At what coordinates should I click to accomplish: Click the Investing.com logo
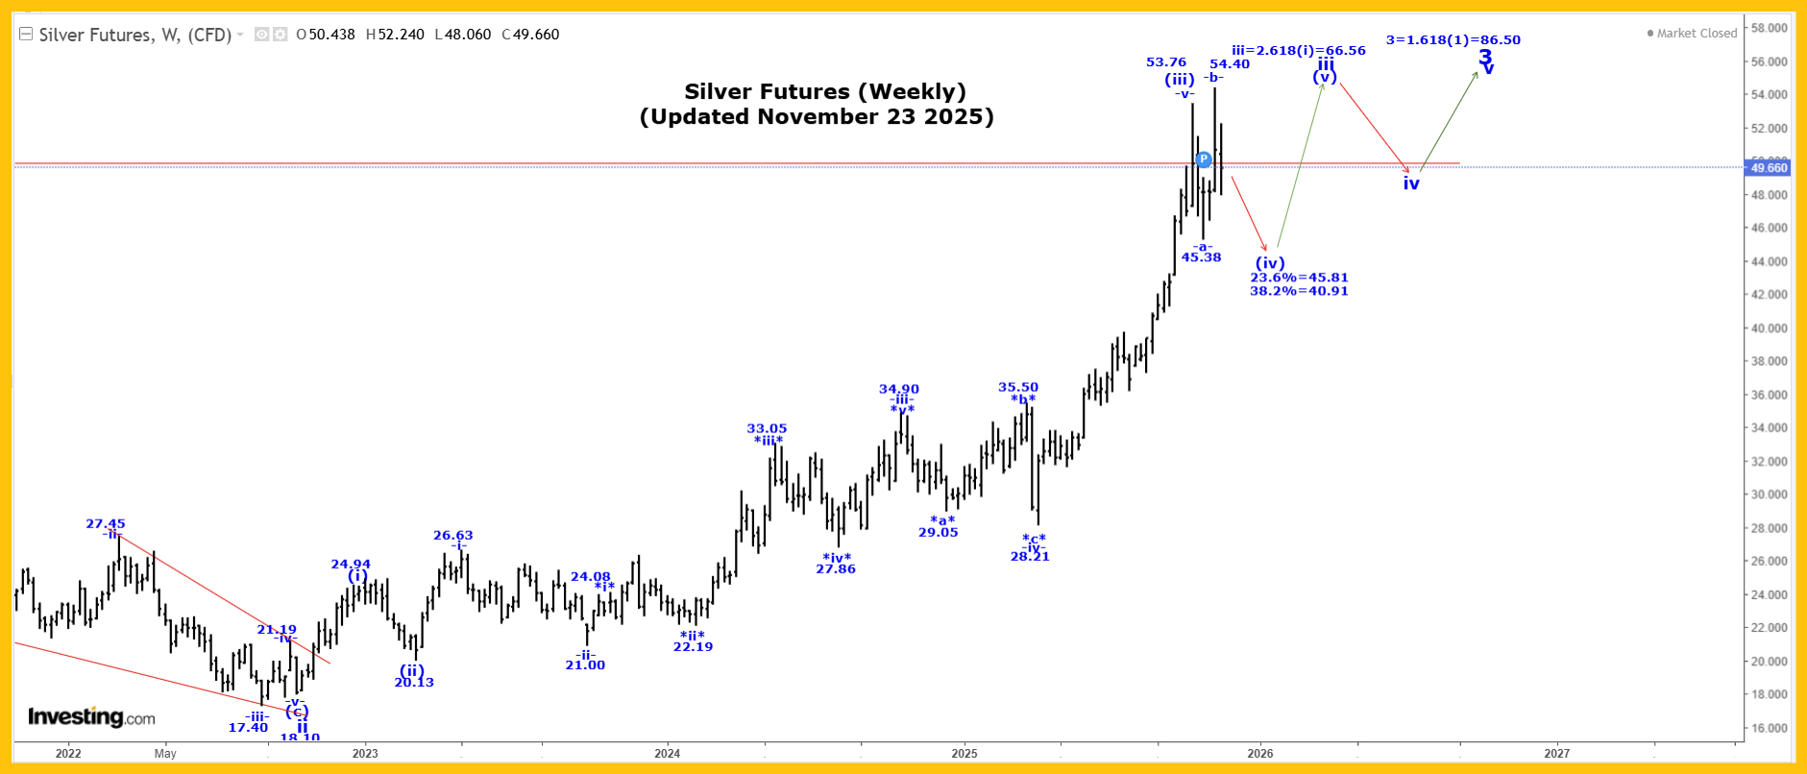point(91,717)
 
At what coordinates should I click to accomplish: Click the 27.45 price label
point(106,523)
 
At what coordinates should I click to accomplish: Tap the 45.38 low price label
point(1201,257)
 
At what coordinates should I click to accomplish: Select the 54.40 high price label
point(1230,64)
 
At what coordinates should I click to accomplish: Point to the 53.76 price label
point(1166,62)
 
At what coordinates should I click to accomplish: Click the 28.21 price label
point(1030,557)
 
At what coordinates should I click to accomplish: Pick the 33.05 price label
point(767,428)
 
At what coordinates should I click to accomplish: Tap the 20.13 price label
point(414,683)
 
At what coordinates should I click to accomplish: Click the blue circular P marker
point(1204,159)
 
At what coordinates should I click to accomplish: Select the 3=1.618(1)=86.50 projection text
point(1453,40)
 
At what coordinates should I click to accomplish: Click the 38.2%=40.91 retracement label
point(1299,291)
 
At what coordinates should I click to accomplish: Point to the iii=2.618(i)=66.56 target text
point(1298,51)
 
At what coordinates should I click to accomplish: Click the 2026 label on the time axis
point(1260,753)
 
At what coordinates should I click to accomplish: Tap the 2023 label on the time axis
point(365,753)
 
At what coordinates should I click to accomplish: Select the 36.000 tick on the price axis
point(1769,395)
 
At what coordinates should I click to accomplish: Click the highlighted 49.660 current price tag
point(1769,168)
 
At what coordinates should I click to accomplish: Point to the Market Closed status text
point(1697,34)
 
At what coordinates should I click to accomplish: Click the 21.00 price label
point(585,665)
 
